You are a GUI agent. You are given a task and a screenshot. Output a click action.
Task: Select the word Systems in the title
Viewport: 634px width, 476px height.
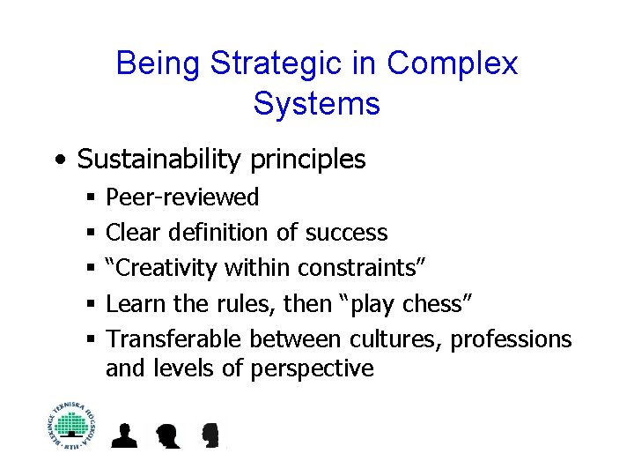pyautogui.click(x=316, y=103)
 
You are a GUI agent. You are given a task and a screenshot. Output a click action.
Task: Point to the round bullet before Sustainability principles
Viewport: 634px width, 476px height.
pyautogui.click(x=58, y=160)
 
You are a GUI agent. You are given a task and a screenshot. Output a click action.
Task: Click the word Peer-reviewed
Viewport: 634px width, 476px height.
pyautogui.click(x=182, y=197)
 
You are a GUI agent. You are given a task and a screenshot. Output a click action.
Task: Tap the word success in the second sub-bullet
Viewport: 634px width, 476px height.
pyautogui.click(x=346, y=233)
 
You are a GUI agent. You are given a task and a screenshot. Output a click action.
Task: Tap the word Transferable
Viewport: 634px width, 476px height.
pyautogui.click(x=174, y=339)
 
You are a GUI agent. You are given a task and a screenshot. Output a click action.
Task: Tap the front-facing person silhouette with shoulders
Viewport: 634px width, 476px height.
pyautogui.click(x=125, y=435)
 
